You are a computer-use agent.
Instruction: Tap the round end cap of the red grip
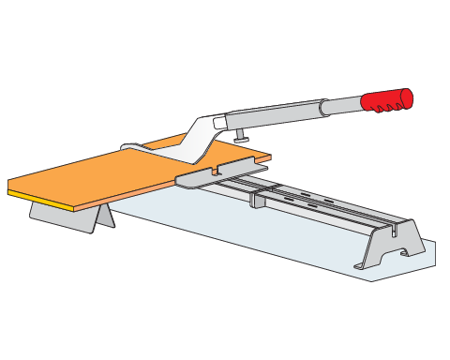point(406,95)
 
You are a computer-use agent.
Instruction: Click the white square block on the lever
point(219,123)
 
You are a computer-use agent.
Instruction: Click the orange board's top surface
point(112,173)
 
